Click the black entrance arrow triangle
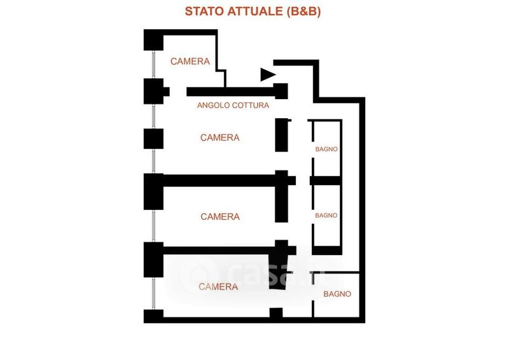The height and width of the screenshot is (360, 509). click(267, 75)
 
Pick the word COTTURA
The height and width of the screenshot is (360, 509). click(253, 106)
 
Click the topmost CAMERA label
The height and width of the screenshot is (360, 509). click(190, 62)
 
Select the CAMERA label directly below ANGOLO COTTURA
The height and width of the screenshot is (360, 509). click(220, 137)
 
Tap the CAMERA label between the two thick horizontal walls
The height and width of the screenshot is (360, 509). click(220, 217)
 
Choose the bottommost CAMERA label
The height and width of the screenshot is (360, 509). click(218, 287)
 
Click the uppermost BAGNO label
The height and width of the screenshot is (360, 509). click(326, 149)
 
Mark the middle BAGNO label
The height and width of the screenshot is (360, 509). click(326, 216)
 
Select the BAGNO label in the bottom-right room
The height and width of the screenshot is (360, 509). click(337, 294)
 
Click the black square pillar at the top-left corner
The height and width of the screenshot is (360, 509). click(153, 39)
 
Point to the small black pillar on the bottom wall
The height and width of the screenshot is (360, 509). click(276, 313)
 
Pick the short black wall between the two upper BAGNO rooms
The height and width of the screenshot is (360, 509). click(326, 181)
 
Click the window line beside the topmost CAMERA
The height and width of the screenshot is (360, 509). click(154, 64)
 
